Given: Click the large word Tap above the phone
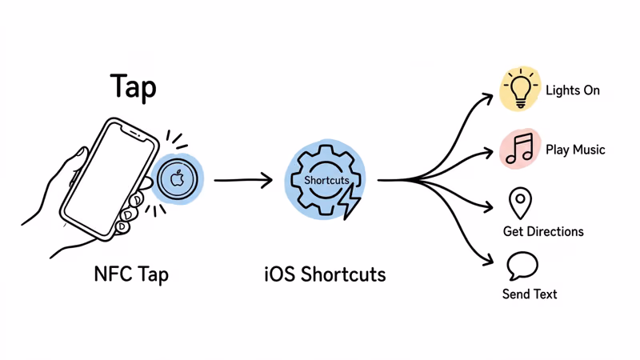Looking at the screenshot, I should pyautogui.click(x=133, y=87).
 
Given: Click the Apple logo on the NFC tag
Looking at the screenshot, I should pyautogui.click(x=178, y=179).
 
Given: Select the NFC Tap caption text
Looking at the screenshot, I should pyautogui.click(x=131, y=274).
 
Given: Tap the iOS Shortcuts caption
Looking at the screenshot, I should pyautogui.click(x=325, y=274).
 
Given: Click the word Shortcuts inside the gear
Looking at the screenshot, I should pyautogui.click(x=326, y=181).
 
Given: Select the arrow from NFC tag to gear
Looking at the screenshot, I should pyautogui.click(x=243, y=180).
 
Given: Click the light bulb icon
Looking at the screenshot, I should pyautogui.click(x=520, y=88).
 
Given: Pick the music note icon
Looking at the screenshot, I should pyautogui.click(x=520, y=149).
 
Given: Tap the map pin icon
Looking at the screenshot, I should pyautogui.click(x=520, y=202).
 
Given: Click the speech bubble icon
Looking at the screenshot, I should pyautogui.click(x=522, y=265).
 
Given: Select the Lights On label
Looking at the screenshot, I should pyautogui.click(x=573, y=90).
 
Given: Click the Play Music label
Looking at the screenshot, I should pyautogui.click(x=575, y=150).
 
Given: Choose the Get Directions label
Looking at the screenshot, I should pyautogui.click(x=543, y=232).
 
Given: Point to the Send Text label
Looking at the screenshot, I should pyautogui.click(x=530, y=294).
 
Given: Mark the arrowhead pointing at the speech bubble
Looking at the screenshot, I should pyautogui.click(x=490, y=260).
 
